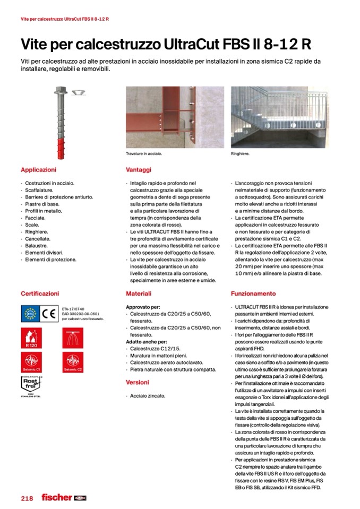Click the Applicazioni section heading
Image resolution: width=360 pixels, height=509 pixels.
tap(38, 170)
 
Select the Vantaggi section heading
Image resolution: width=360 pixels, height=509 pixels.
tap(139, 170)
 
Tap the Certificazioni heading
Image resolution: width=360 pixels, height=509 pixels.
tap(40, 294)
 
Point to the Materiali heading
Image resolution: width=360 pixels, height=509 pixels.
tap(139, 294)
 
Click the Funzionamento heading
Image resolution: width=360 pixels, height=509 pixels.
tap(253, 294)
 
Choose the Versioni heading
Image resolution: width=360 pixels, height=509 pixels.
tap(138, 382)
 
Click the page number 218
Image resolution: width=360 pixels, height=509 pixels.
tap(27, 498)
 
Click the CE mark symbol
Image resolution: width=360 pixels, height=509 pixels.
tap(51, 314)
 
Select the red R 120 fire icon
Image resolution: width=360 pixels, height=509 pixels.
tap(30, 338)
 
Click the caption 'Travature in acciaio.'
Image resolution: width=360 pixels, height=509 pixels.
tap(143, 154)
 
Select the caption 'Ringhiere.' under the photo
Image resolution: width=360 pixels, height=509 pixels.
tap(241, 154)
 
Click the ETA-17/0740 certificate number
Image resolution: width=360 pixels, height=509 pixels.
tap(73, 308)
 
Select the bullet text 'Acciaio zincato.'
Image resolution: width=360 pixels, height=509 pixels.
tap(148, 395)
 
